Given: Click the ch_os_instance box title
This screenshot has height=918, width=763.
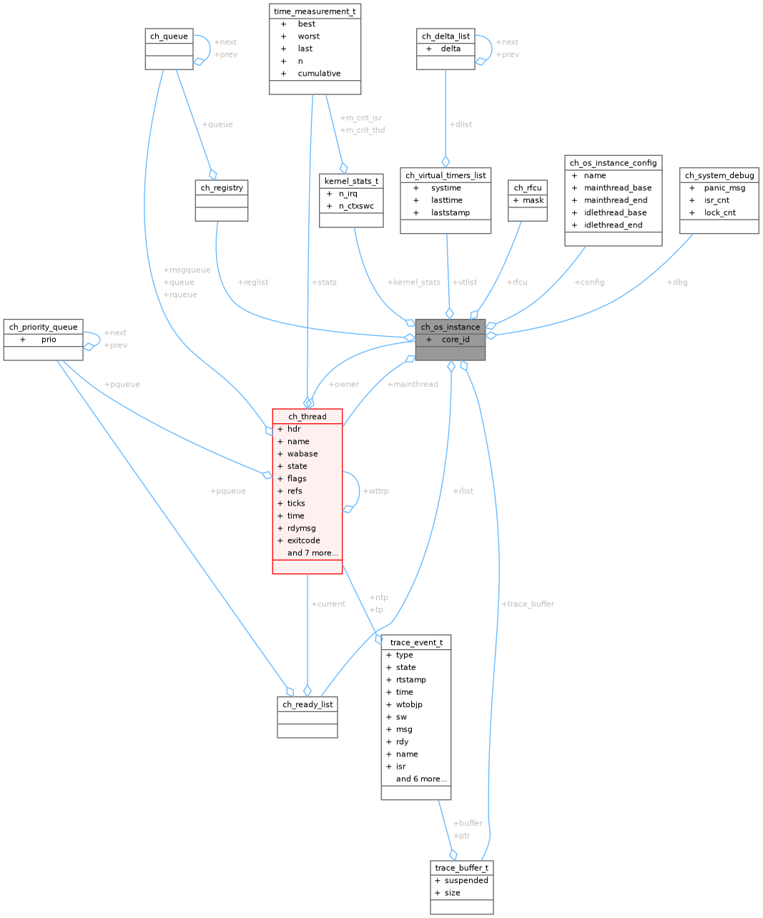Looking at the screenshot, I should click(451, 327).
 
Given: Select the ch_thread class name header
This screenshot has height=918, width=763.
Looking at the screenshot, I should click(307, 416).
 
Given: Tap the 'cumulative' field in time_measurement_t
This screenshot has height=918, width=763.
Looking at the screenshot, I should click(319, 74).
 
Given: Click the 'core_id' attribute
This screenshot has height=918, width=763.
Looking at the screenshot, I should click(456, 340).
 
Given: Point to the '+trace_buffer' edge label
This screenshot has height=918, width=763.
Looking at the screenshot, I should click(528, 604).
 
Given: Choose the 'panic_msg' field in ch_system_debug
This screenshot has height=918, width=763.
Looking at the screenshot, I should click(724, 188).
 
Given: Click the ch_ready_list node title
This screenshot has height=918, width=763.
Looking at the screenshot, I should click(307, 704).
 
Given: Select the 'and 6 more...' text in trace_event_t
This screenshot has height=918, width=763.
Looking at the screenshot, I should click(421, 779).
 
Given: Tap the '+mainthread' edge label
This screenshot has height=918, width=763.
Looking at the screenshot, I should click(412, 385).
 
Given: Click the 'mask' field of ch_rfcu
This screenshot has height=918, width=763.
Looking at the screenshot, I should click(533, 200).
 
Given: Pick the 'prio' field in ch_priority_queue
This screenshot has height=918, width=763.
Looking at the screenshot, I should click(49, 340).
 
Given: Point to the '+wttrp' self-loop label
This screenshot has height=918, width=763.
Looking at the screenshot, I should click(375, 491).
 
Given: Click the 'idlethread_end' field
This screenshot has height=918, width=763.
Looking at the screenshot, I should click(613, 225).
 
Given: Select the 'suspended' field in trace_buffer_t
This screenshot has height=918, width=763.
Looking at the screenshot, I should click(466, 880).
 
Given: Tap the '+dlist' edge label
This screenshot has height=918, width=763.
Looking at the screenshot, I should click(461, 124).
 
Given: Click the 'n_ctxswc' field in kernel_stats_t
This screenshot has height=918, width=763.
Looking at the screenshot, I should click(356, 206).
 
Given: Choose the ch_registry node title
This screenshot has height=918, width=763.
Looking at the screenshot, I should click(222, 188).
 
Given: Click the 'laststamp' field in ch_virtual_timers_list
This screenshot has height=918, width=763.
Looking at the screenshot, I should click(451, 213).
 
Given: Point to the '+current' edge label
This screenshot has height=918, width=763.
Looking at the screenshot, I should click(328, 604).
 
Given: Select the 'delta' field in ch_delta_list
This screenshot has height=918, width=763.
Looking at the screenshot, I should click(451, 49).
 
